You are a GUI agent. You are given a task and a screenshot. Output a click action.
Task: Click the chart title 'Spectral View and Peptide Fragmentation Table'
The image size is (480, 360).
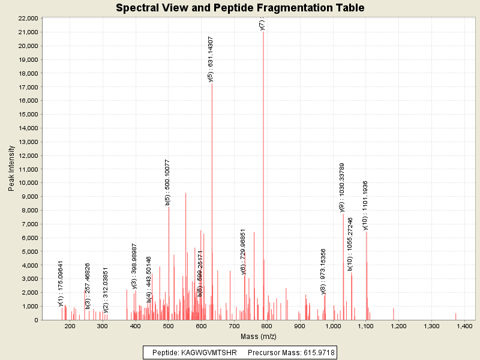240,8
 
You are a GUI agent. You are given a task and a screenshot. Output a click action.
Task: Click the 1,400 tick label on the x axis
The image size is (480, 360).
464,326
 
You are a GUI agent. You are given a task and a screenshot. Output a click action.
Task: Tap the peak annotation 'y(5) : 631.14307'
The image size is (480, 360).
210,59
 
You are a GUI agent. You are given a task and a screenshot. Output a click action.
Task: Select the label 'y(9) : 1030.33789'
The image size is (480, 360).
342,187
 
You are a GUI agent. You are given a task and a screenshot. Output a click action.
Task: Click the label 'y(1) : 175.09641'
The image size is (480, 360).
61,283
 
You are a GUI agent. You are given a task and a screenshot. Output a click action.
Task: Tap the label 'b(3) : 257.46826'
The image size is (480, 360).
88,286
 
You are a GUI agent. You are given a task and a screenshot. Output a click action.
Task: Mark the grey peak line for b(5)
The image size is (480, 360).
169,264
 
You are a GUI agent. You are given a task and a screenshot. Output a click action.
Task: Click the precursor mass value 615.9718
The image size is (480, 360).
317,352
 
